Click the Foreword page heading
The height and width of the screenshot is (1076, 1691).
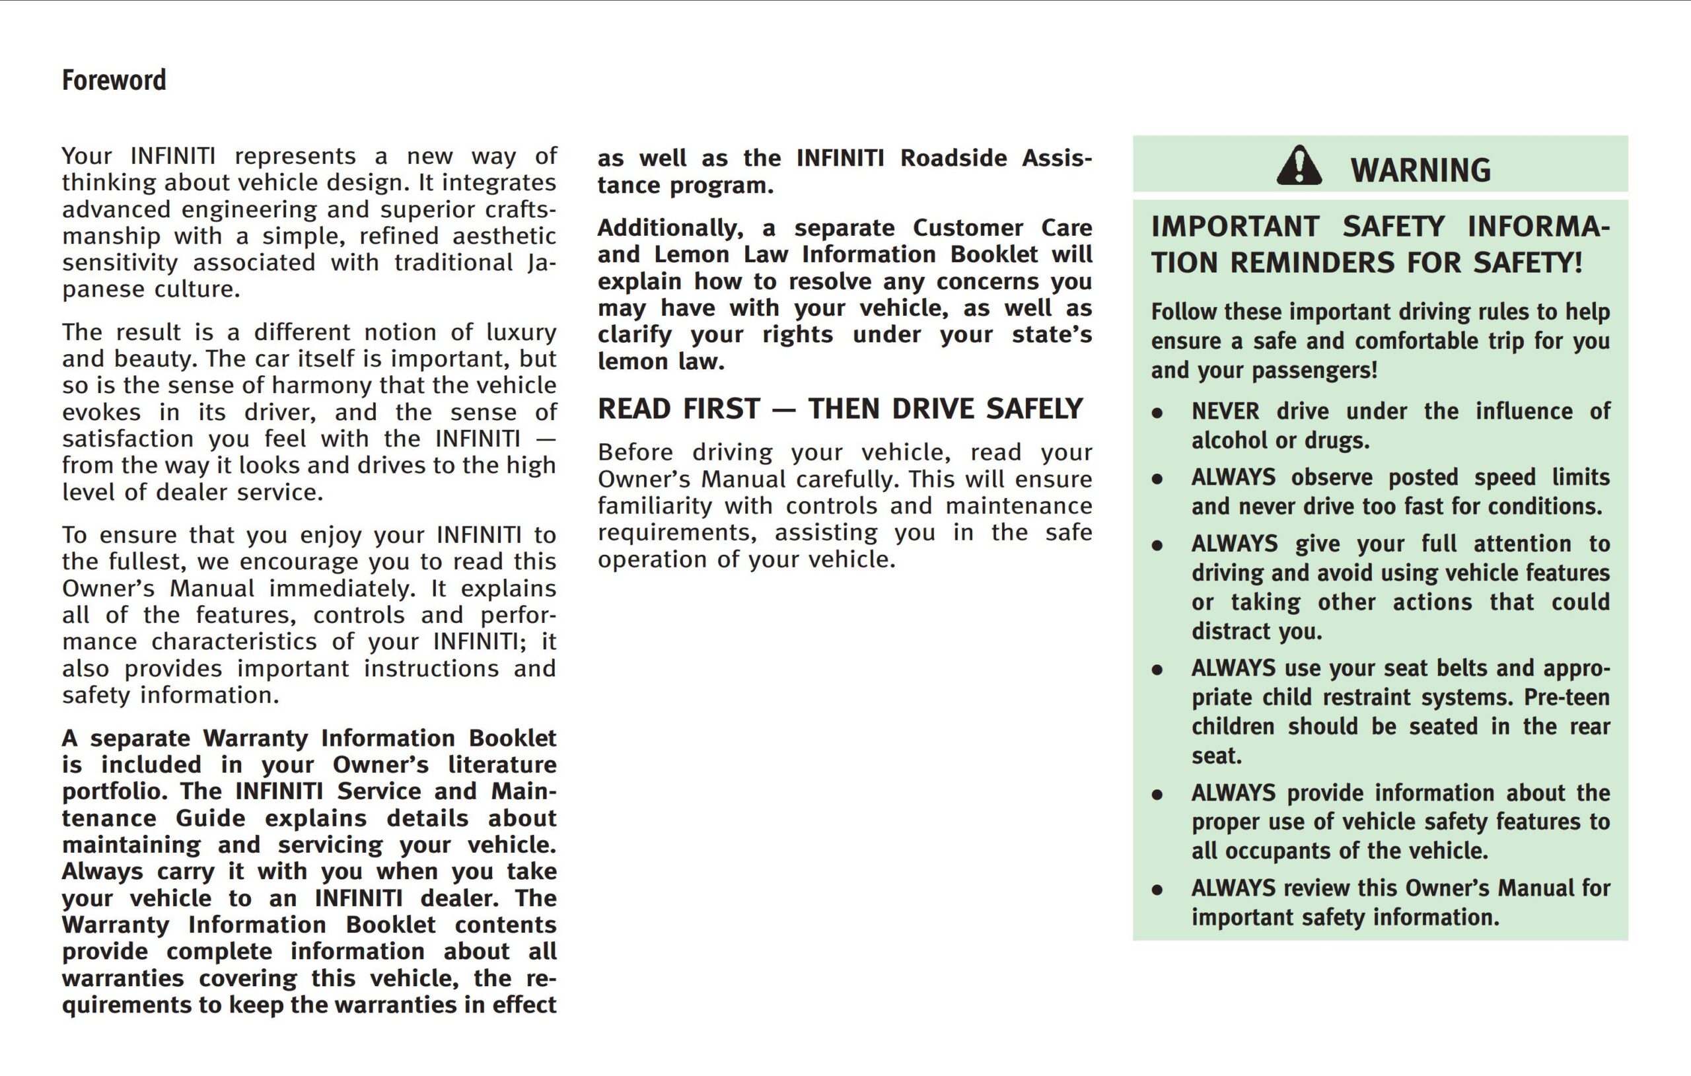point(114,80)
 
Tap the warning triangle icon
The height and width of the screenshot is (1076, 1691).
point(1299,166)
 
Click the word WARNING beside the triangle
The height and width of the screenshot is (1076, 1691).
point(1420,170)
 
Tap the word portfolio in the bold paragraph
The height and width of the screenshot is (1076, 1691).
point(112,791)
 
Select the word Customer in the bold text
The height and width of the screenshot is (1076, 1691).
point(968,228)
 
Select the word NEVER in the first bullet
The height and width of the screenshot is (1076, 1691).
point(1225,412)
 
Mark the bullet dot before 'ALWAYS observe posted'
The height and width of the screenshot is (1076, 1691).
point(1157,480)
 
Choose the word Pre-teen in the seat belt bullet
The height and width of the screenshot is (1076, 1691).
point(1567,698)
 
